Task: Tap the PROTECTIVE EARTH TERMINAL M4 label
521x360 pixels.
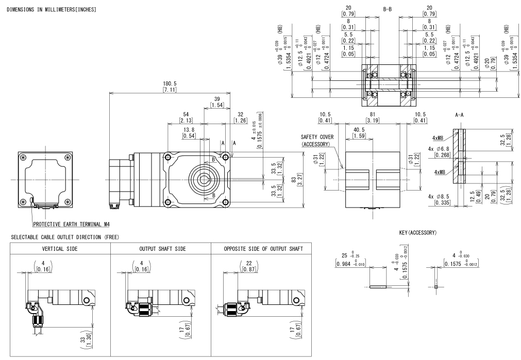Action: [x=71, y=224]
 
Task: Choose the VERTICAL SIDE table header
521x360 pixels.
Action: [x=60, y=249]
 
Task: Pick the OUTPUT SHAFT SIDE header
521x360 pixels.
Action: [x=161, y=249]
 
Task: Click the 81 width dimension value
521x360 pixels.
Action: [x=371, y=114]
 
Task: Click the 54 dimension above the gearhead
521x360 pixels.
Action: [x=186, y=114]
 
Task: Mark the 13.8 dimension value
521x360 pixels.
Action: [x=189, y=130]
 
